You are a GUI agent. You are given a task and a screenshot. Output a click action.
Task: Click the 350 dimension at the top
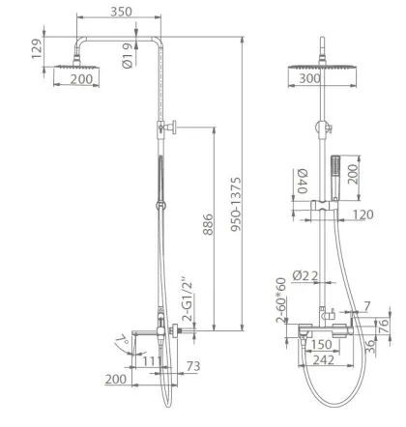(121, 12)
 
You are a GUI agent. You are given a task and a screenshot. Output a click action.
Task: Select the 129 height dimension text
(37, 48)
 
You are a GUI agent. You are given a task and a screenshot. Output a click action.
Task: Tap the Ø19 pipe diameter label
(128, 56)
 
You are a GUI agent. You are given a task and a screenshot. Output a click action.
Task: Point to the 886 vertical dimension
(208, 224)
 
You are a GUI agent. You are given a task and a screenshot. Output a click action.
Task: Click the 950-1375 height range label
(236, 204)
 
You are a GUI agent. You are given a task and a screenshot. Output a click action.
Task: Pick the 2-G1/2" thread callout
(187, 299)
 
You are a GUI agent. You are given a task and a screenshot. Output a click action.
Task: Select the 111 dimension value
(152, 361)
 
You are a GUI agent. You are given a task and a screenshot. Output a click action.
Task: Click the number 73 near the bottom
(193, 366)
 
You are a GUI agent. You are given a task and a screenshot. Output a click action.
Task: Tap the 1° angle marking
(122, 340)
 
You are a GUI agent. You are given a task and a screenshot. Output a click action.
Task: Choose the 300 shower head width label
(310, 78)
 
